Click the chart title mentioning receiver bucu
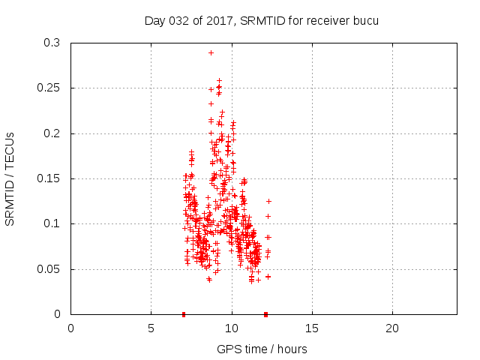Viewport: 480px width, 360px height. (261, 20)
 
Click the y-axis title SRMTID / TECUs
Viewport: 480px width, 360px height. (10, 178)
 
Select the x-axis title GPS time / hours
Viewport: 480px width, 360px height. (262, 349)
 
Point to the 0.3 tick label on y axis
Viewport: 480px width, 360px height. (52, 43)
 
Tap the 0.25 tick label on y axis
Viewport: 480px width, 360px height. (49, 88)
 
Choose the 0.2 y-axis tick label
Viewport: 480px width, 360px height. (52, 133)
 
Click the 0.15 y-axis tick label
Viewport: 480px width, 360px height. (49, 178)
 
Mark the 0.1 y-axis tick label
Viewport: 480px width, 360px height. (52, 223)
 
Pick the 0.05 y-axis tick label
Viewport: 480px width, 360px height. (49, 268)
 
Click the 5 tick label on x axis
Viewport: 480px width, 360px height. (151, 328)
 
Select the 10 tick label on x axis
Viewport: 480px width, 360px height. (232, 328)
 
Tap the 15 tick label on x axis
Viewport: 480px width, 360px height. (312, 328)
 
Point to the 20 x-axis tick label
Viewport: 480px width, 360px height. (392, 328)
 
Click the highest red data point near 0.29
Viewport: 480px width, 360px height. (211, 52)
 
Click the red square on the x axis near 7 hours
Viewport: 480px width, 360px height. (184, 314)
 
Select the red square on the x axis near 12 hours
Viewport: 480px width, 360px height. (266, 314)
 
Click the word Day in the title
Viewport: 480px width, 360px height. (155, 20)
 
